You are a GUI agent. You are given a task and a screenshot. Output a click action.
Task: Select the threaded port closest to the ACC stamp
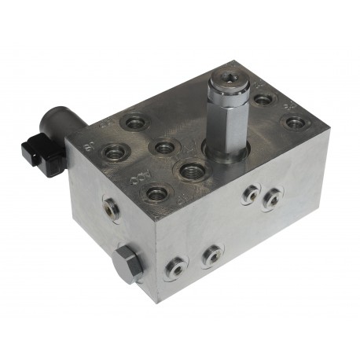[156, 190]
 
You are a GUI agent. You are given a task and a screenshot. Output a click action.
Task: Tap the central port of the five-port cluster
[163, 147]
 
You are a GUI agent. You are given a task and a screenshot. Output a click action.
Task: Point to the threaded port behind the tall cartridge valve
[264, 101]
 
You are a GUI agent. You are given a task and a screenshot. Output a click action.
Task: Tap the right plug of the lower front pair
[211, 253]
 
